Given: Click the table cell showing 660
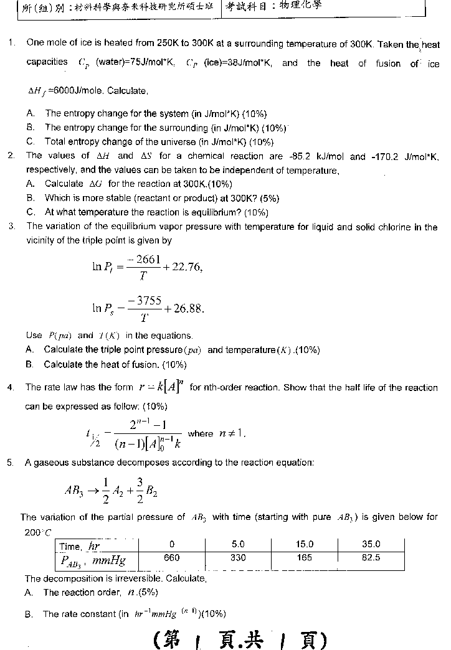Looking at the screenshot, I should tap(171, 558).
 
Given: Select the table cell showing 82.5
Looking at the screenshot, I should tap(371, 558).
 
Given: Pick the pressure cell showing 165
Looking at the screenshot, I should tap(305, 558).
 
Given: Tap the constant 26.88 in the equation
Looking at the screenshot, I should tap(188, 308).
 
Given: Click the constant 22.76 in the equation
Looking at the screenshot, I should tap(187, 267).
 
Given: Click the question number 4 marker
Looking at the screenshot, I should tap(11, 387).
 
